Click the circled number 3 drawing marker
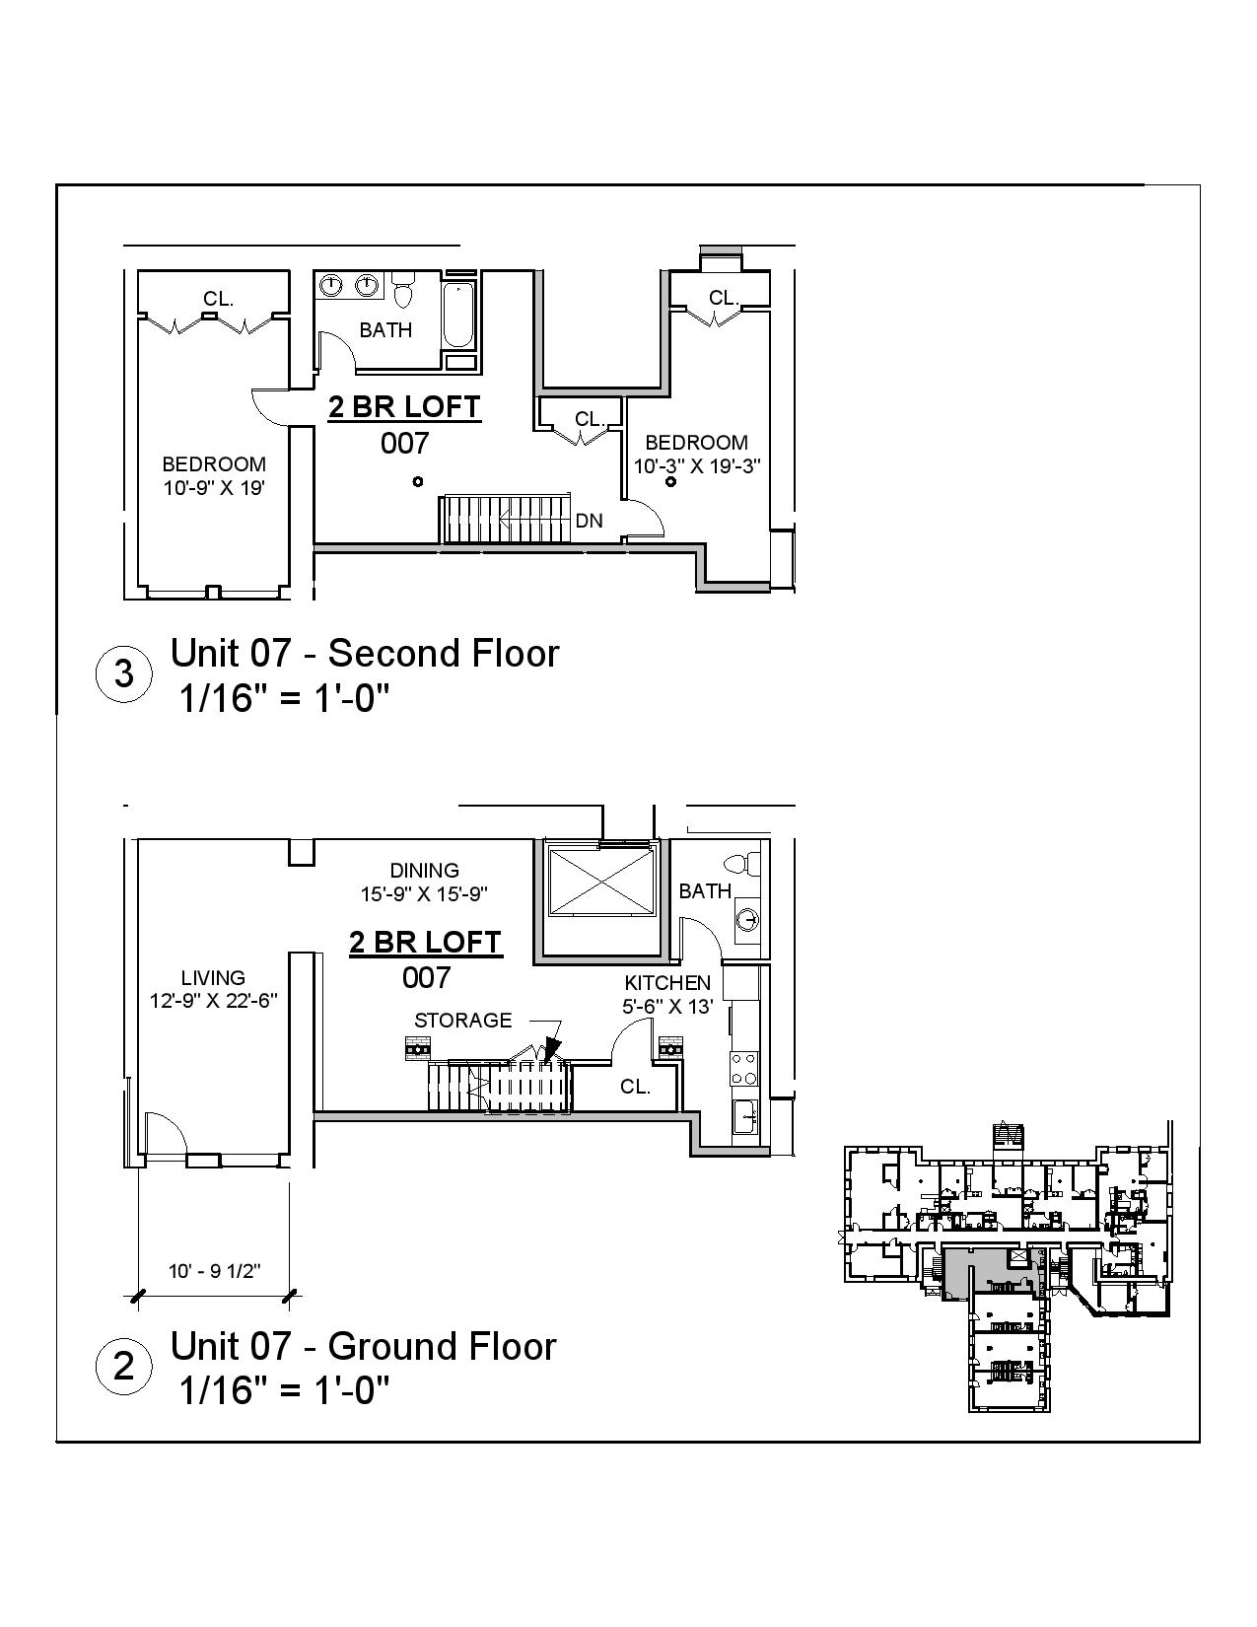tap(124, 674)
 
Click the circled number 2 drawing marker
tap(124, 1367)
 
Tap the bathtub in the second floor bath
tap(457, 316)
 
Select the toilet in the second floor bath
tap(402, 292)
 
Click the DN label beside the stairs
tap(589, 521)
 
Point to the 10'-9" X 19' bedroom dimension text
tap(214, 487)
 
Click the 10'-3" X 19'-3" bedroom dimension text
tap(696, 465)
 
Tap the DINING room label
tap(424, 871)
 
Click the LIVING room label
tap(213, 978)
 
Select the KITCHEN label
tap(667, 983)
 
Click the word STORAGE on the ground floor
tap(462, 1021)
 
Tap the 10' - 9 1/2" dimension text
tap(214, 1271)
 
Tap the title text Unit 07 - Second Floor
tap(365, 654)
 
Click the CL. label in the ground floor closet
tap(635, 1087)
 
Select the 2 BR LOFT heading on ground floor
tap(426, 943)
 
